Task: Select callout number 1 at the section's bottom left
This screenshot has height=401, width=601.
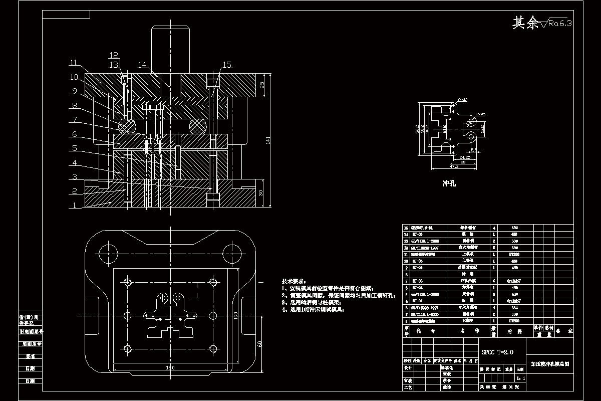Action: [x=74, y=205]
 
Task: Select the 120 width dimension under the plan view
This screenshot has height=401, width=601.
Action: [x=170, y=367]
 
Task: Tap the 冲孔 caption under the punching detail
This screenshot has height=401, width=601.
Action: [x=449, y=184]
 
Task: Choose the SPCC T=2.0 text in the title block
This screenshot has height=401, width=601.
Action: [x=497, y=352]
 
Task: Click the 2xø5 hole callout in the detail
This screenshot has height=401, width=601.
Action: [x=480, y=114]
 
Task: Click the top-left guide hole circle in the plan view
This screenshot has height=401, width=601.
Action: [x=107, y=250]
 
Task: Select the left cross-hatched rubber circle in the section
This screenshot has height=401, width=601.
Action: [x=127, y=125]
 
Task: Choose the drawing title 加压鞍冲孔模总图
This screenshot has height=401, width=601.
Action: [x=549, y=365]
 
